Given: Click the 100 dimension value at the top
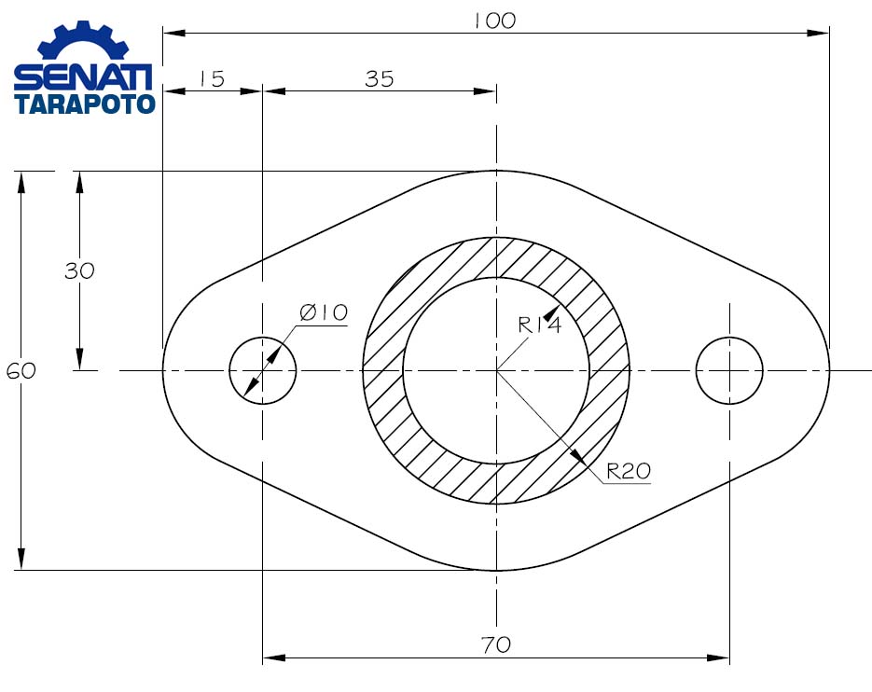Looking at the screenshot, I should click(494, 21).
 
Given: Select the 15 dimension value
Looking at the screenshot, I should click(212, 79).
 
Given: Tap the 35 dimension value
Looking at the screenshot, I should click(380, 79).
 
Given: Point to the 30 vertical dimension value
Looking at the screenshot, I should click(79, 271).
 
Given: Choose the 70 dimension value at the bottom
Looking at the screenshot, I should click(496, 644).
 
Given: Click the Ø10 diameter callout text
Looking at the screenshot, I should click(324, 312).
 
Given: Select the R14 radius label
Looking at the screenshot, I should click(540, 325).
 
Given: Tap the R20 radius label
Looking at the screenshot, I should click(628, 472).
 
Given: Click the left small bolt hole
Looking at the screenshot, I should click(263, 370).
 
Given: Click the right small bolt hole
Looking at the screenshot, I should click(729, 370).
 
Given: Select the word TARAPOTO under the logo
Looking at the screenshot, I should click(85, 104).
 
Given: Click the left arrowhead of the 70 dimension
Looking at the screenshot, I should click(273, 657).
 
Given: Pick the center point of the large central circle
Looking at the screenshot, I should click(496, 370).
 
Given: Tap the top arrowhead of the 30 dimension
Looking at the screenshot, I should click(79, 182).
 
